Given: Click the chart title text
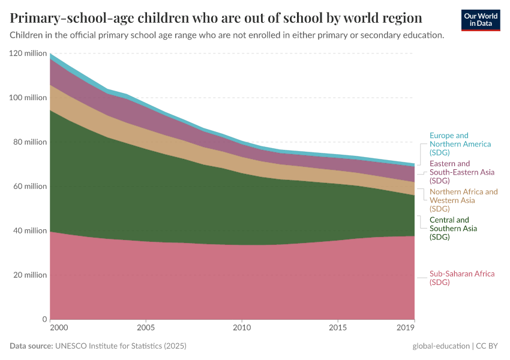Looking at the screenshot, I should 216,17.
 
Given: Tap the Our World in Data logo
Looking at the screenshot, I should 481,20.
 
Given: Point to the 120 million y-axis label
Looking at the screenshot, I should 28,53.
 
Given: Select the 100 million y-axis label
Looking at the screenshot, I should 28,98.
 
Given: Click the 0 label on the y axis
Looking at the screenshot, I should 44,319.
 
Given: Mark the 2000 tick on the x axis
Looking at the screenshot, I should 58,328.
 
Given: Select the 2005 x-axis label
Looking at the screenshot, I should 146,328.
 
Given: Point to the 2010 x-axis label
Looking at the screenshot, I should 242,328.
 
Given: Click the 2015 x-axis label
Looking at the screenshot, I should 338,328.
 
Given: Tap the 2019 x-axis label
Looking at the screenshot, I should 406,328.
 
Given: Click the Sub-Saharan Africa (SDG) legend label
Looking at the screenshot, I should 462,278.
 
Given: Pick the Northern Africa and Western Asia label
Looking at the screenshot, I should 463,200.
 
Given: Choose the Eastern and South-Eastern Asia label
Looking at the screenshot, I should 461,172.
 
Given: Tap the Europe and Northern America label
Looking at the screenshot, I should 460,144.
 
